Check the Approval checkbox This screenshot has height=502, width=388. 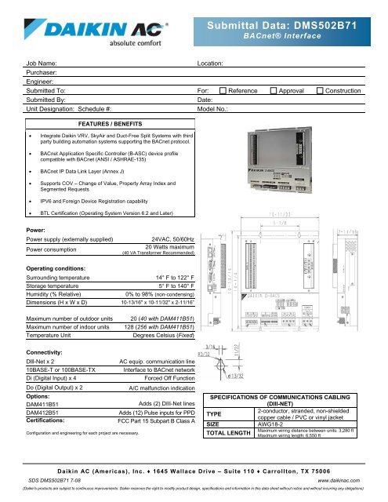(x=272, y=92)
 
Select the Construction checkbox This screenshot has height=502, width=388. (x=320, y=92)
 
